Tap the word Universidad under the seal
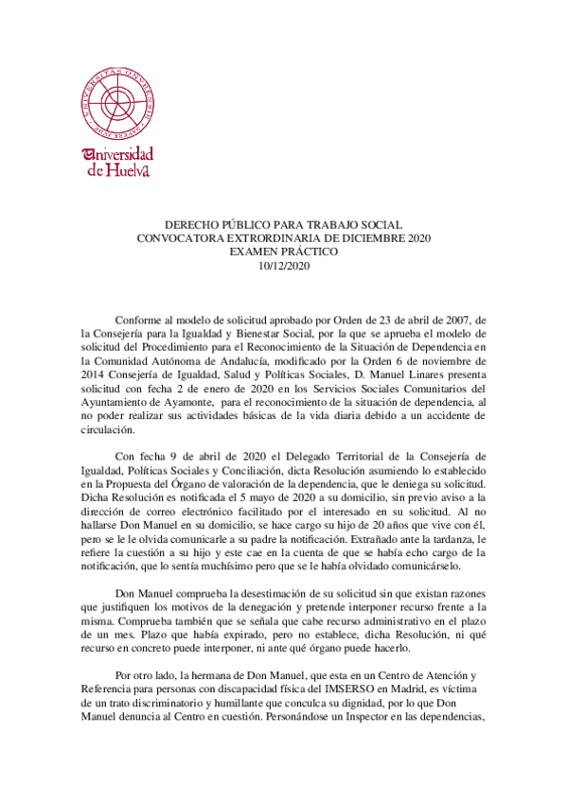pyautogui.click(x=118, y=155)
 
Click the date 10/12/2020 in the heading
pyautogui.click(x=284, y=267)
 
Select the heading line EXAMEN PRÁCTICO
pyautogui.click(x=284, y=253)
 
